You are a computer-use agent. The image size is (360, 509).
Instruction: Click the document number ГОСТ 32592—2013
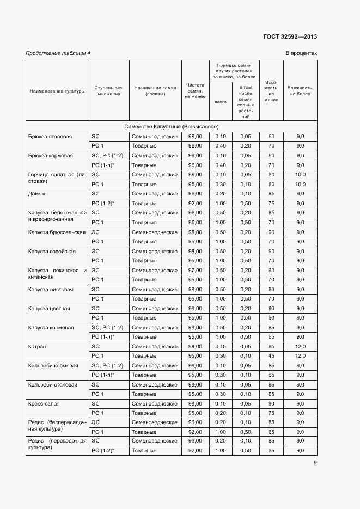click(x=290, y=37)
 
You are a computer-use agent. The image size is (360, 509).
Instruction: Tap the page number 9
click(x=315, y=463)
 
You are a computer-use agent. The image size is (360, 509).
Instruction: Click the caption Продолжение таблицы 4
click(x=58, y=53)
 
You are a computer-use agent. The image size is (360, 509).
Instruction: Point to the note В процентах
click(x=301, y=53)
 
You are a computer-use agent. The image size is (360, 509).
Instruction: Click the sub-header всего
click(x=221, y=102)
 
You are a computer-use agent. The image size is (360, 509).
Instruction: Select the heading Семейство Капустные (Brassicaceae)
click(x=171, y=126)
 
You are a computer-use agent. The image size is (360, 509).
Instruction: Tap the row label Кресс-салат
click(x=42, y=403)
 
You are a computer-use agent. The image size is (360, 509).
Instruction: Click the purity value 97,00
click(x=195, y=270)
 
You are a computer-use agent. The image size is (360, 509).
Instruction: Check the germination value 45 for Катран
click(x=271, y=356)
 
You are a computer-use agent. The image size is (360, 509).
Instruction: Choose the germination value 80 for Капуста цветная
click(x=271, y=308)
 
